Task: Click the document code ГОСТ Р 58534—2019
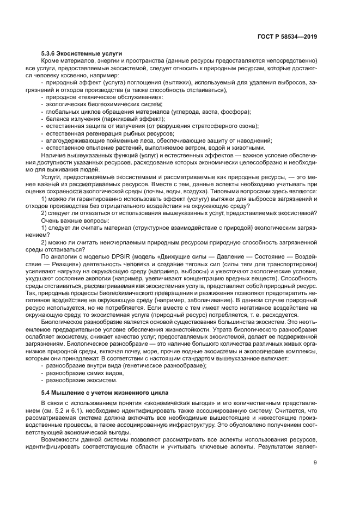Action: coord(287,37)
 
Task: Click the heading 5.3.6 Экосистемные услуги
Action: coord(82,53)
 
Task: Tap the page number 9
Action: coord(315,463)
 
